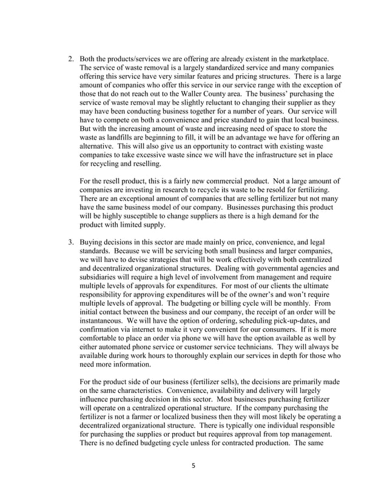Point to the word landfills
click(116, 138)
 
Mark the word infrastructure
click(270, 155)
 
